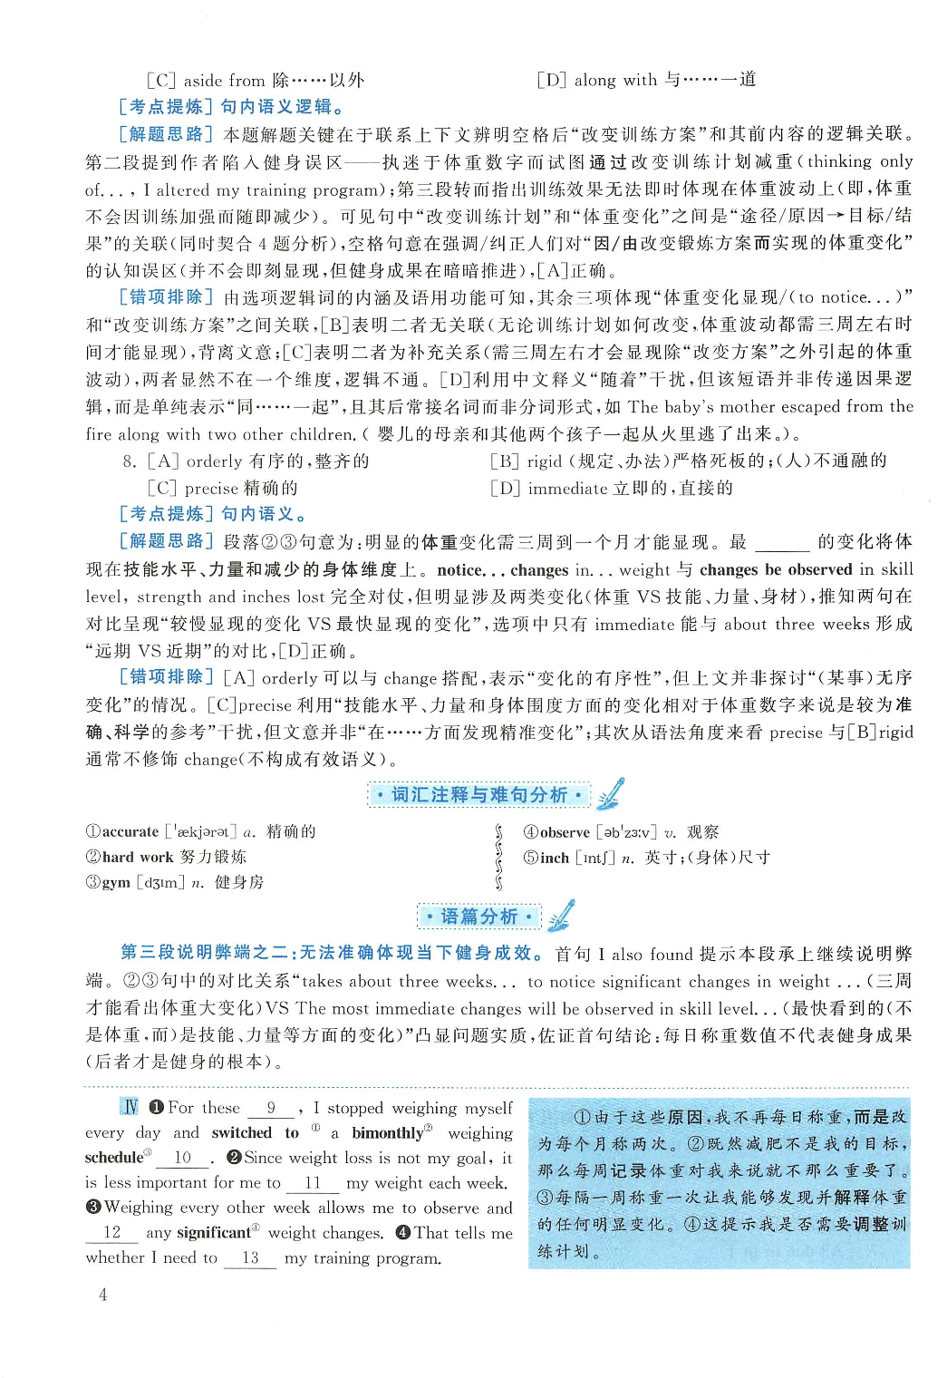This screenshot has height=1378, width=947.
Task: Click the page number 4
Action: point(102,1295)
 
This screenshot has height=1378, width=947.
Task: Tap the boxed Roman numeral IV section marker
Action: point(130,1107)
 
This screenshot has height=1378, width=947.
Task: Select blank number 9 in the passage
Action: point(271,1108)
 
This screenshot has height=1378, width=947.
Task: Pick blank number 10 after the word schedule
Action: point(183,1158)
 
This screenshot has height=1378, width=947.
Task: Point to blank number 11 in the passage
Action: point(313,1183)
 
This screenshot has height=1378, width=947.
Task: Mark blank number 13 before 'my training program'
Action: point(250,1258)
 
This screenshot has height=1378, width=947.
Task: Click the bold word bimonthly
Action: point(387,1133)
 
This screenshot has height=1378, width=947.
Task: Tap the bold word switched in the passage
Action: point(241,1133)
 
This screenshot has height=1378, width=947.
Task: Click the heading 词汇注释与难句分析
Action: point(479,795)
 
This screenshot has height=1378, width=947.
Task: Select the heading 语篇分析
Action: point(478,917)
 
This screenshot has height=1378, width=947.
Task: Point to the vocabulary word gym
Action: point(116,882)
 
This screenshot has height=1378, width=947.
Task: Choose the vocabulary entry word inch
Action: point(555,858)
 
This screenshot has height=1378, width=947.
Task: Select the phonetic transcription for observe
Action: point(626,832)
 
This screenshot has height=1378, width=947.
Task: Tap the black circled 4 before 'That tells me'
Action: point(403,1233)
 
